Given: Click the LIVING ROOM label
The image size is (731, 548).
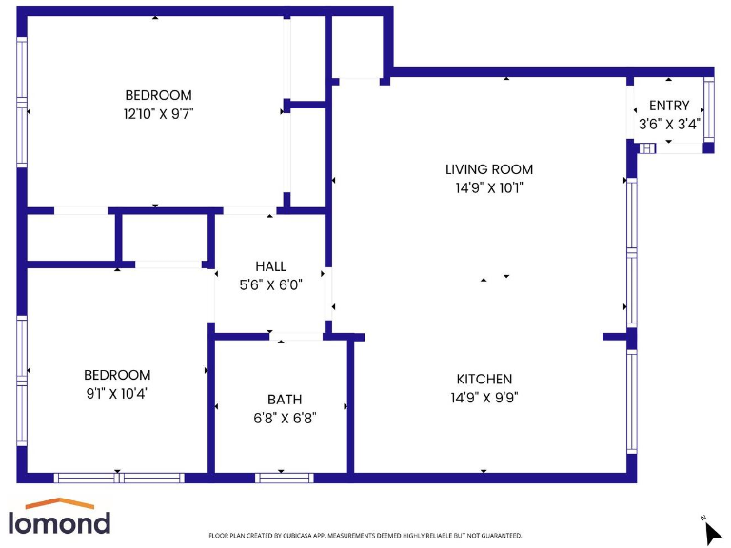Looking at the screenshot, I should [489, 169].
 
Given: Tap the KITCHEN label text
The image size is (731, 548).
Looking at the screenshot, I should [484, 379].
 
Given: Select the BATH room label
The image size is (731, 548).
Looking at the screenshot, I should [284, 400].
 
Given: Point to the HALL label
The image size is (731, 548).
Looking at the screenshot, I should [270, 266].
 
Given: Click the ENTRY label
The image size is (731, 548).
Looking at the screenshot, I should [668, 106].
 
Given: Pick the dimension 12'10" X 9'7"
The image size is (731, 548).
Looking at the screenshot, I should [158, 113].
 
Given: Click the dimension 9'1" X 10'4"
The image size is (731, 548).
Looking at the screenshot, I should [116, 392].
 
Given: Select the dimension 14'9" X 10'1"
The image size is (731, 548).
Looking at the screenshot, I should [489, 187].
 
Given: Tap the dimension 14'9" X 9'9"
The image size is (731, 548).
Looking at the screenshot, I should [484, 397].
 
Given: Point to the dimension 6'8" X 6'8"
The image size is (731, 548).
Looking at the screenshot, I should [284, 417].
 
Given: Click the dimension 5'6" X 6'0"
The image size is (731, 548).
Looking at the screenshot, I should [270, 284].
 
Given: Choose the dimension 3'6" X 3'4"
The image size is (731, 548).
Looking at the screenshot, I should [668, 124].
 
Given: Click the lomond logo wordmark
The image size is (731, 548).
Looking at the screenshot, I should [59, 522].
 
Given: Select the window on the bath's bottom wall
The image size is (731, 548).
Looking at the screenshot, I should [284, 478].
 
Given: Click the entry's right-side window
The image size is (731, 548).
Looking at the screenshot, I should [708, 111].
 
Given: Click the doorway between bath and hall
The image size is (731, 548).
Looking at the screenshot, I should [296, 336].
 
